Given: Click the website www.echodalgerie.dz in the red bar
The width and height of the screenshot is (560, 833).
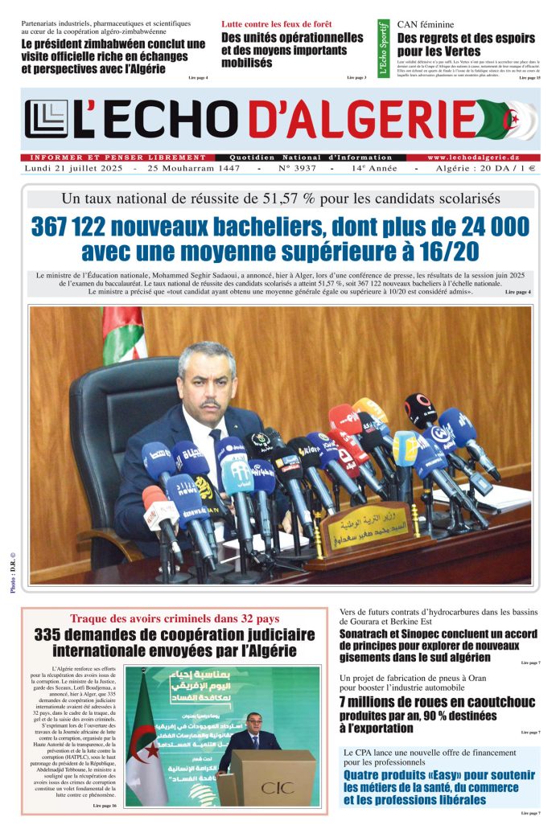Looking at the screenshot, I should pyautogui.click(x=484, y=158).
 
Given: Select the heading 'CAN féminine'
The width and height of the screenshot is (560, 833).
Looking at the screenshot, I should pyautogui.click(x=426, y=25).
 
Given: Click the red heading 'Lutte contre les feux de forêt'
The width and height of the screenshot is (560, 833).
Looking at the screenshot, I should pyautogui.click(x=276, y=24).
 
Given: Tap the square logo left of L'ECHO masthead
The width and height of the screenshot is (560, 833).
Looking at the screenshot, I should pyautogui.click(x=43, y=120).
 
